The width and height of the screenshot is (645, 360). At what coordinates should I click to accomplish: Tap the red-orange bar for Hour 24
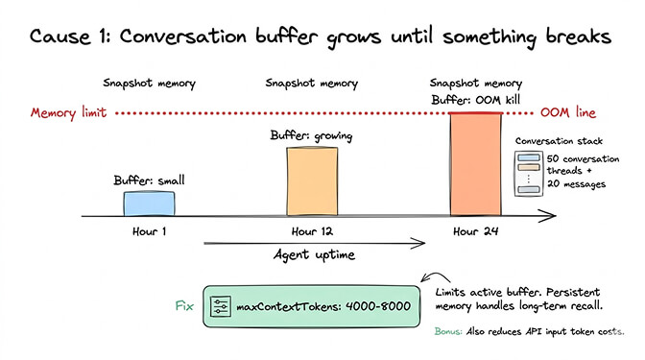click(476, 164)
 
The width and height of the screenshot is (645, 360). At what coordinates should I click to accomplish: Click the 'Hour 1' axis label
click(149, 230)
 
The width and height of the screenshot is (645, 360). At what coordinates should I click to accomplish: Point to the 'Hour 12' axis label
click(313, 230)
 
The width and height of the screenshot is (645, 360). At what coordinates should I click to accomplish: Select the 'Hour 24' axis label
click(476, 230)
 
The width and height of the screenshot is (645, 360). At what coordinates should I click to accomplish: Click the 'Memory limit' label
click(66, 113)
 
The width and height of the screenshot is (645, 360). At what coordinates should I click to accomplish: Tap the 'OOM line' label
click(568, 113)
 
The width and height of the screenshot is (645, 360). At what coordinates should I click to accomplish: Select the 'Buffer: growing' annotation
click(311, 137)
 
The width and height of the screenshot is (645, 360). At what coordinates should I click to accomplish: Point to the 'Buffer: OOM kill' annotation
click(477, 99)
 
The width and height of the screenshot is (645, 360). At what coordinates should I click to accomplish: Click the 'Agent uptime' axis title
click(313, 254)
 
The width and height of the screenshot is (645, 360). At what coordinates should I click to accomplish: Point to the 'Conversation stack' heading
click(563, 140)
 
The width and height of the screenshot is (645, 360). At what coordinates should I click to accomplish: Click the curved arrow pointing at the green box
click(430, 281)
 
